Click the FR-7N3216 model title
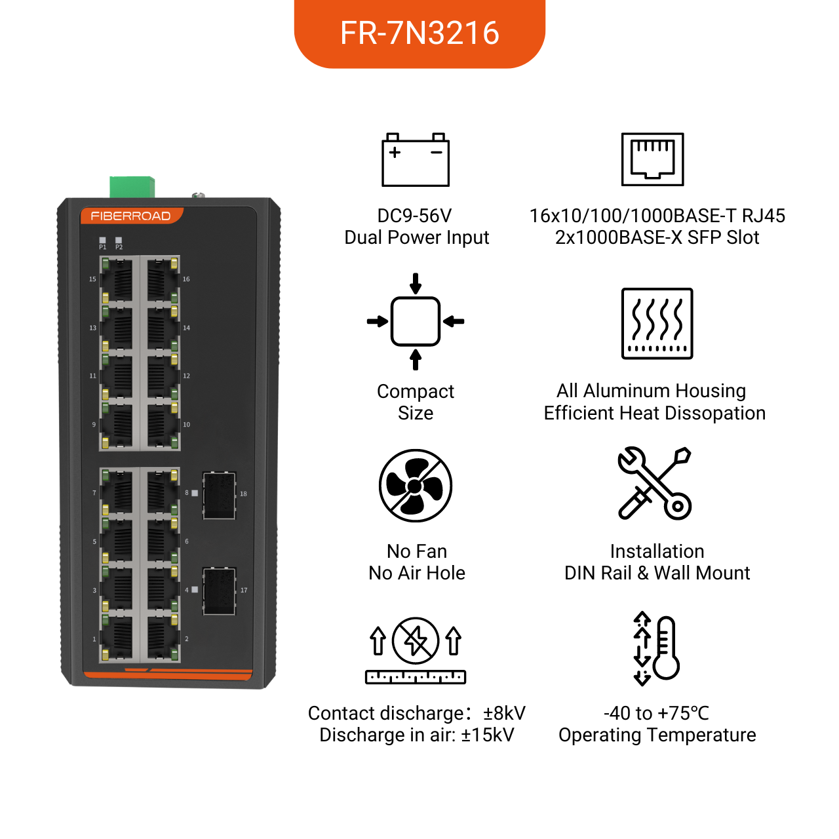(x=419, y=33)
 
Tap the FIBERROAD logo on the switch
(x=130, y=216)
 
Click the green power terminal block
(x=132, y=187)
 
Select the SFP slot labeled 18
(x=220, y=495)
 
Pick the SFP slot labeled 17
(x=220, y=591)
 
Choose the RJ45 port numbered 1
(x=117, y=638)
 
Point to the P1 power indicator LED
(x=103, y=240)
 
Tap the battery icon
(x=416, y=160)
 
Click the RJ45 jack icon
(x=652, y=159)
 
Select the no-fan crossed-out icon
(x=416, y=486)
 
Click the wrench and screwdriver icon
(x=654, y=483)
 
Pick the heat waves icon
(x=657, y=324)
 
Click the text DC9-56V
(x=414, y=216)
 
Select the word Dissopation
(x=714, y=414)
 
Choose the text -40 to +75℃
(x=657, y=713)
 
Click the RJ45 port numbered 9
(x=117, y=425)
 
